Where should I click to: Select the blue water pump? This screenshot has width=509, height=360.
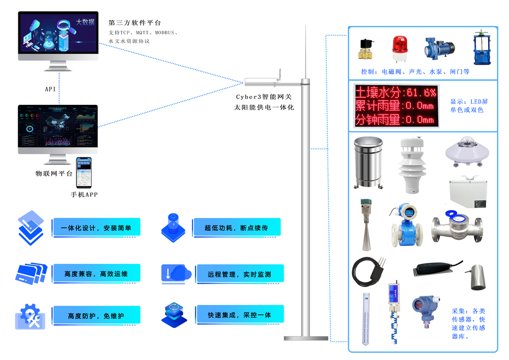tap(438, 49)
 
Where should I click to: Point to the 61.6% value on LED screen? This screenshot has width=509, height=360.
tap(420, 92)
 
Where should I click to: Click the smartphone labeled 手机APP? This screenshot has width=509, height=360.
tap(84, 173)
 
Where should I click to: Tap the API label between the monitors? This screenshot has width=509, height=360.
tap(50, 89)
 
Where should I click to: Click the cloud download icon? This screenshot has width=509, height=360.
tap(175, 273)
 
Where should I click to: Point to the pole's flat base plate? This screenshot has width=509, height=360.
tap(305, 338)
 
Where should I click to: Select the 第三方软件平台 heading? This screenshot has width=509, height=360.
tap(134, 23)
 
